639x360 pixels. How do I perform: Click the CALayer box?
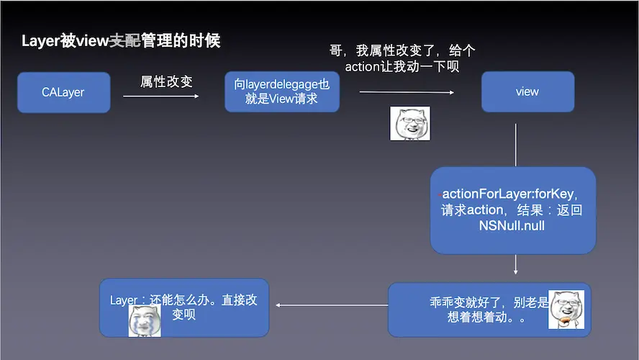[63, 92]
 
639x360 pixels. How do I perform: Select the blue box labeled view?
[527, 92]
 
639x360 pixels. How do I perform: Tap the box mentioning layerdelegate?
[281, 92]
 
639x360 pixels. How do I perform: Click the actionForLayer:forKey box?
[513, 210]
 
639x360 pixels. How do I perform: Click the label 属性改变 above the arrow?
[166, 81]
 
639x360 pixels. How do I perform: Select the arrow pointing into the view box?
[407, 92]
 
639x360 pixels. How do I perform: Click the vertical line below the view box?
[516, 144]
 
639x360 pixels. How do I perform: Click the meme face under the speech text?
[409, 123]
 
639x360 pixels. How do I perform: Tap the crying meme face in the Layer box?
[144, 320]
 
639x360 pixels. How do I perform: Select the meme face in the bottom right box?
[566, 310]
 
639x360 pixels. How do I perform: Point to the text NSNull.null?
[511, 226]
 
